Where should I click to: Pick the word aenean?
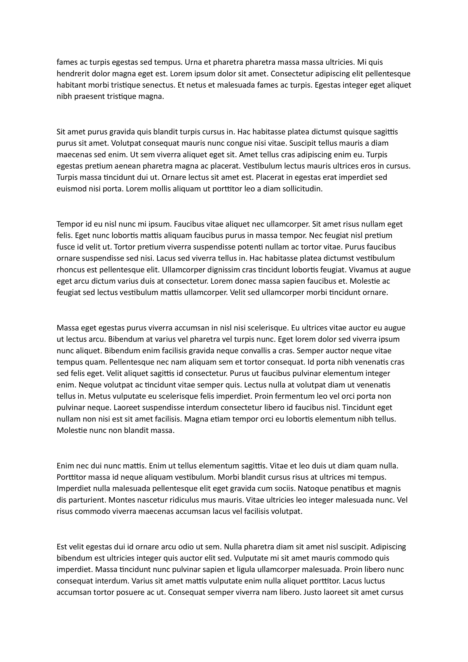click(127, 166)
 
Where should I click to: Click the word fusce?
click(65, 247)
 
